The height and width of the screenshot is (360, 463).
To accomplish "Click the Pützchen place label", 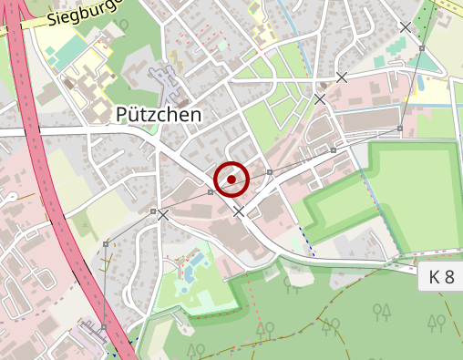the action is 159,114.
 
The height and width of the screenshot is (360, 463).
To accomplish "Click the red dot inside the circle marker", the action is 231,180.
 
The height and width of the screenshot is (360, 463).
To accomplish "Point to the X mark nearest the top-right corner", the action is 406,27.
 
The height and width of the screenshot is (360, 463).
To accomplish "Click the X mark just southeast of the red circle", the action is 239,211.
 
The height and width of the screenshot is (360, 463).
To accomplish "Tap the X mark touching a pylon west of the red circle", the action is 162,215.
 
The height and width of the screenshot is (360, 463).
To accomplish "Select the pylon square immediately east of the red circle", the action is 270,171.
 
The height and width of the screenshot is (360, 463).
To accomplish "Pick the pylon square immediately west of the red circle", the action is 211,192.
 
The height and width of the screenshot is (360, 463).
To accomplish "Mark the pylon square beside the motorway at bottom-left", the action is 103,326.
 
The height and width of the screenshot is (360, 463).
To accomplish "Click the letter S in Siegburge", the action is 52,19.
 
